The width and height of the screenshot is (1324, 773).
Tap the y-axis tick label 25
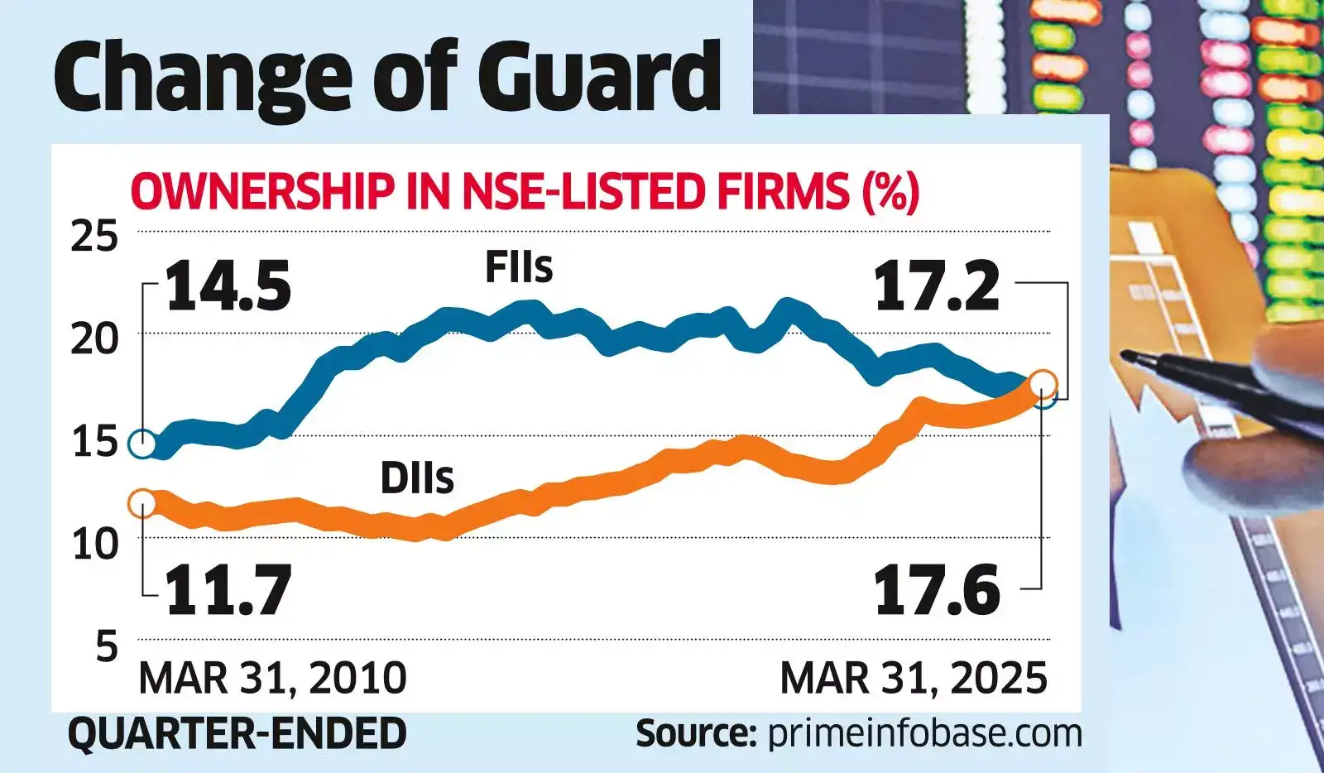pos(94,237)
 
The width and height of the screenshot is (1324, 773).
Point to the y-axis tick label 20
pos(94,338)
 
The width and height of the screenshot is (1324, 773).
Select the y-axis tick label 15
pos(95,441)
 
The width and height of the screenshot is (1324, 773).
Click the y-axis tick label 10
pos(95,544)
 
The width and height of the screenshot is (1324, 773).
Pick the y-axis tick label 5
pos(107,646)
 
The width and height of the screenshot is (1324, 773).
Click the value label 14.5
pos(228,286)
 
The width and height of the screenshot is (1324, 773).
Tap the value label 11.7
pos(228,590)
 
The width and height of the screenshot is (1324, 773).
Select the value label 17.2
pos(937,286)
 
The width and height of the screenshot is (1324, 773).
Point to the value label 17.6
pos(937,590)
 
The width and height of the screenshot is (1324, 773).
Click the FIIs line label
pos(519,267)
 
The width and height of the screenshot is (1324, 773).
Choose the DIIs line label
pos(417,478)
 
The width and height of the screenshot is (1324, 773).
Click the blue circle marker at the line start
pos(142,444)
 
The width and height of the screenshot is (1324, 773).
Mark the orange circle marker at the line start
pos(142,502)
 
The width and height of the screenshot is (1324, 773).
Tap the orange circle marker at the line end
pos(1044,383)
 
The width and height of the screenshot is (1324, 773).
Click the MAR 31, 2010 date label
pos(272,679)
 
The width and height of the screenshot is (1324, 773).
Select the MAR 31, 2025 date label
pos(914,679)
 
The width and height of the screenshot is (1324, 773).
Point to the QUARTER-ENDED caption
pos(237,733)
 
